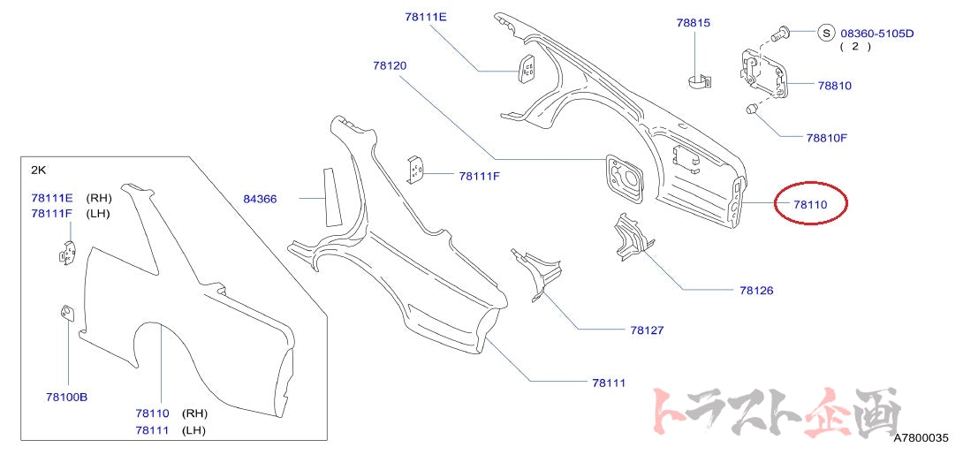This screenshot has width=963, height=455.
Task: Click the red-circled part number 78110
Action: [809, 205]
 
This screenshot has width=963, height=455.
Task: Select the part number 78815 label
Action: [694, 23]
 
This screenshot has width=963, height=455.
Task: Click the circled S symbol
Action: [826, 34]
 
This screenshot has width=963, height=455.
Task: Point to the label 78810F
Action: [826, 138]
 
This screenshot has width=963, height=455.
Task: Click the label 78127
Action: [647, 330]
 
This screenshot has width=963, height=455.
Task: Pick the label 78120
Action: [390, 65]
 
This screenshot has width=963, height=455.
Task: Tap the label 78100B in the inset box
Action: [66, 397]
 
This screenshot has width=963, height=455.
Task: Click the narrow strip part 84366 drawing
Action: [333, 196]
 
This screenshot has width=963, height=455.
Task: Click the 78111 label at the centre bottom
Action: [609, 383]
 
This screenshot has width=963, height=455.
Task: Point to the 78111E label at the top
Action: [426, 17]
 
